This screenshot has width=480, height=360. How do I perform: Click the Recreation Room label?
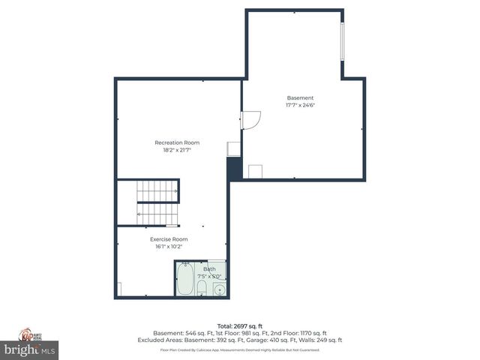pos(177,142)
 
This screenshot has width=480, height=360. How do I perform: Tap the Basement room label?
pos(300,98)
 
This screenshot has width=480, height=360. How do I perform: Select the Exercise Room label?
pos(169,239)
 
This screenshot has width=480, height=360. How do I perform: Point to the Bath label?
pos(209,268)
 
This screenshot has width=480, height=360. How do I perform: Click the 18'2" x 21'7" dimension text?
pos(177,150)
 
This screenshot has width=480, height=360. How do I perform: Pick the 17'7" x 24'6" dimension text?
pos(300,106)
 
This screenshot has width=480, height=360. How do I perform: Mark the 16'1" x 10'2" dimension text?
pos(169,246)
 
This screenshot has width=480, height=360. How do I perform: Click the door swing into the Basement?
pos(250,120)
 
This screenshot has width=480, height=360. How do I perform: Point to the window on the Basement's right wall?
pos(343,43)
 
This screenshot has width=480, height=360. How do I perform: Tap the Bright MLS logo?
pos(30,349)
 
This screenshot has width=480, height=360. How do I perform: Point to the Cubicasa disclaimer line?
pos(239,349)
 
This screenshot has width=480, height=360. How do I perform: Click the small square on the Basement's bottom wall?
pos(256,171)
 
